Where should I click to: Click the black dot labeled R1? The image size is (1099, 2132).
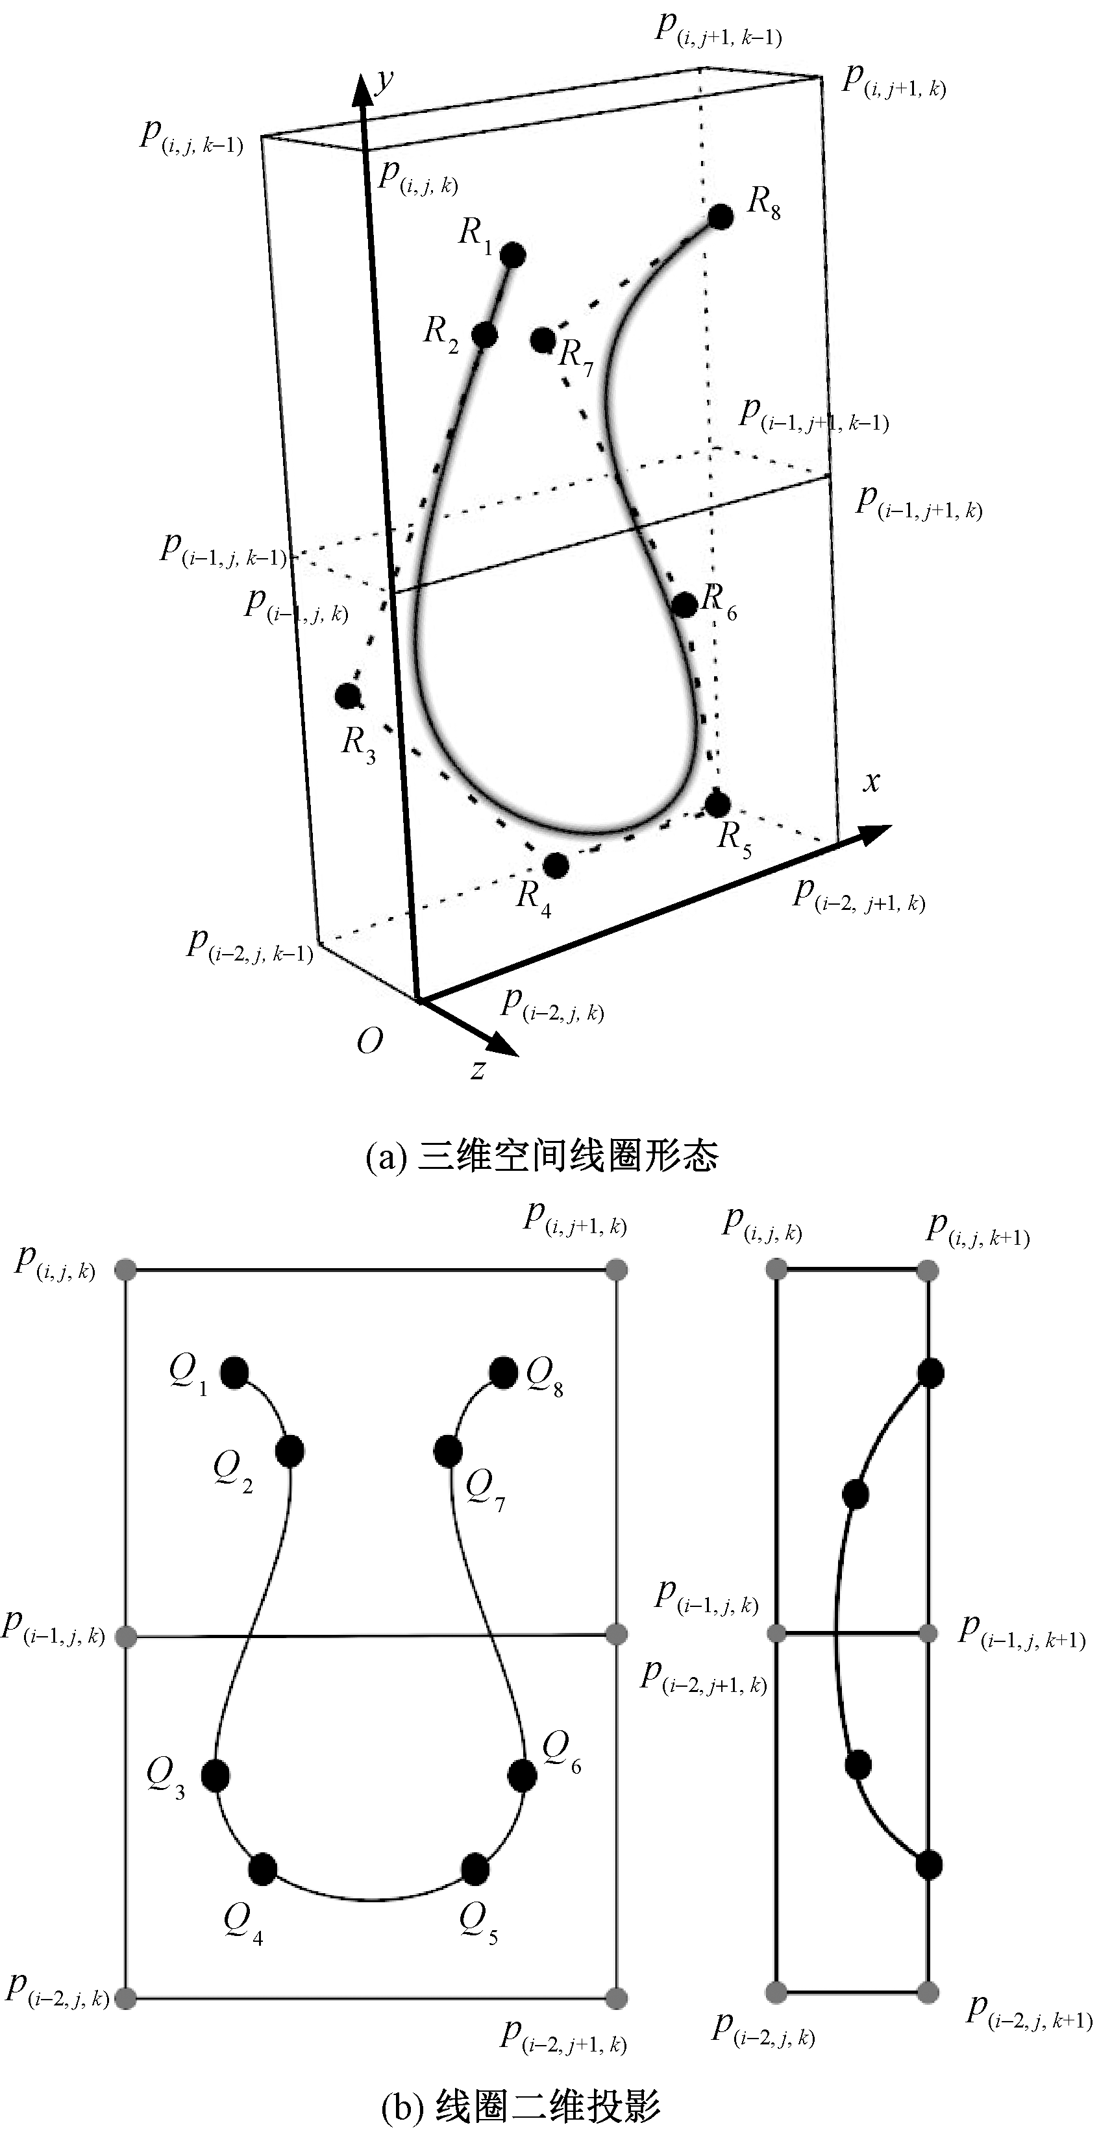(513, 254)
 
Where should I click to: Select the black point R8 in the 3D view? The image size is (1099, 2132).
(721, 217)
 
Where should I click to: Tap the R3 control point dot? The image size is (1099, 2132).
(347, 695)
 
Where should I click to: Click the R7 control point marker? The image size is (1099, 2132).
(543, 339)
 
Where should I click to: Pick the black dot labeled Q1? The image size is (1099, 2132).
(235, 1371)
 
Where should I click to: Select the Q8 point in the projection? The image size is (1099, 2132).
(503, 1371)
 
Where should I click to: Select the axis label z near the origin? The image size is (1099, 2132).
(478, 1070)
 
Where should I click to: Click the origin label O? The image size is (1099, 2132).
(370, 1041)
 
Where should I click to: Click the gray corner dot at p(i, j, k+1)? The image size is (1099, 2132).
(928, 1270)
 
